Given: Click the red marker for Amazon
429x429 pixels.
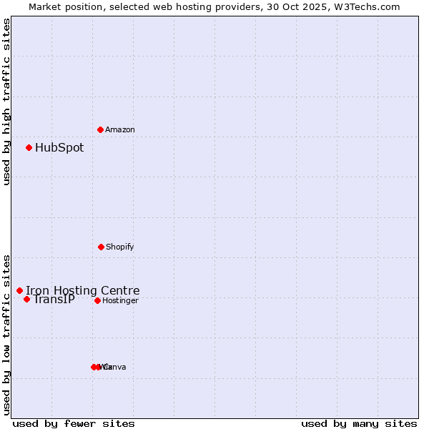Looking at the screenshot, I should coord(100,129).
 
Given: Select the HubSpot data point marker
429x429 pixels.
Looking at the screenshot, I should coord(29,147).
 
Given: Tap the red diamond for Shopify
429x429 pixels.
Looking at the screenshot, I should coord(101,247).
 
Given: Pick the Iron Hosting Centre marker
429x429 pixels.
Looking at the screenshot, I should coord(19,290).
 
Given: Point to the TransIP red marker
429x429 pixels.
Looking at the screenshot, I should coord(26,299).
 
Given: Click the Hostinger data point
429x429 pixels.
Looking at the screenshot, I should coord(97,300).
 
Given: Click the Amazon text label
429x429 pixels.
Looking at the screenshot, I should coord(120,129).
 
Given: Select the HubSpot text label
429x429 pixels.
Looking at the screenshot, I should coord(59,148).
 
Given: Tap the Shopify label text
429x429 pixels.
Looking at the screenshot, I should coord(120,247).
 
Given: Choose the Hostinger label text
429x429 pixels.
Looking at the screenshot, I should coord(120,300).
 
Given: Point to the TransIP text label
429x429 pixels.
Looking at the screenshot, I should coord(54,299).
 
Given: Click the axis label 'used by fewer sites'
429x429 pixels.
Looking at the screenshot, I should coord(74,423).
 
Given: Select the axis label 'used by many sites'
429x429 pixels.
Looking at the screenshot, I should coord(359,423).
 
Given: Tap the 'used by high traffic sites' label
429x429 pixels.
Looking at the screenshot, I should coord(6,102).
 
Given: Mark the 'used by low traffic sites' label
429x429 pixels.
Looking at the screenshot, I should coord(6,334).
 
